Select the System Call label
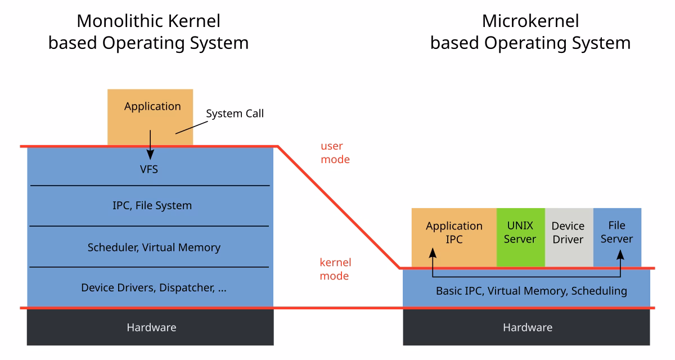point(235,114)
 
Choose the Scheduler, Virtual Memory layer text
point(154,247)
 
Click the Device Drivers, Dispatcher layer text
point(154,288)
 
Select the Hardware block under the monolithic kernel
point(151,327)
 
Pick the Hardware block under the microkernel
point(527,327)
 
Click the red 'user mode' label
point(335,153)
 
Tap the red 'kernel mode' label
point(335,269)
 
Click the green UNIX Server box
point(520,232)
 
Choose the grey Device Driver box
point(568,232)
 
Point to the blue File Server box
point(616,232)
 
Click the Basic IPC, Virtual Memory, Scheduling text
point(531,291)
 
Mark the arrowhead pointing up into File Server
point(620,254)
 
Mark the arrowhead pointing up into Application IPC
point(433,254)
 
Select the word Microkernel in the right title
point(530,21)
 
